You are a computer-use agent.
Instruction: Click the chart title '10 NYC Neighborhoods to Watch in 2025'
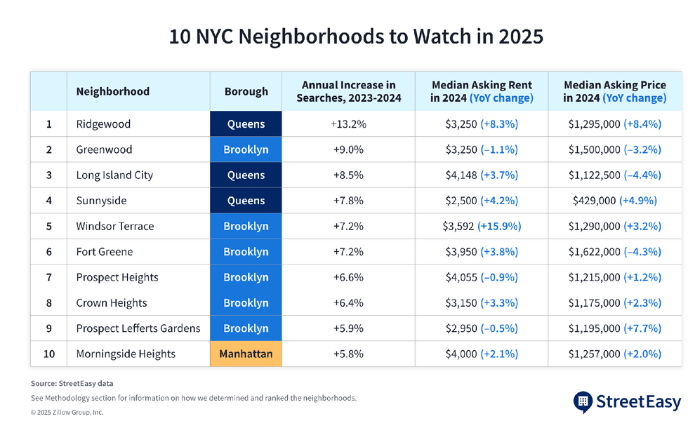(356, 36)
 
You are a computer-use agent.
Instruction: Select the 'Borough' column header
(246, 91)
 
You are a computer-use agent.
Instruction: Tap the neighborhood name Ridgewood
(104, 124)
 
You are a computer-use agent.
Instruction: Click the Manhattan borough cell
(246, 354)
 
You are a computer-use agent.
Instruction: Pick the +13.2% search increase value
(348, 124)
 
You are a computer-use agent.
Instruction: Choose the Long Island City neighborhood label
(114, 175)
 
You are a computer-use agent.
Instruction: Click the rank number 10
(49, 354)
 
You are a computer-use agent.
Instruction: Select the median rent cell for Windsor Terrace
(481, 226)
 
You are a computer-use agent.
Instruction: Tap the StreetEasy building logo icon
(583, 402)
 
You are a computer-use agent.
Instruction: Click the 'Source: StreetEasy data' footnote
(72, 384)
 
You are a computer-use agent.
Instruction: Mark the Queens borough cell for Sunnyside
(246, 201)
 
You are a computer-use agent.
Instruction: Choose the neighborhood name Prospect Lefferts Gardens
(138, 328)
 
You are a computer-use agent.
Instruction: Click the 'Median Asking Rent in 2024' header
(481, 91)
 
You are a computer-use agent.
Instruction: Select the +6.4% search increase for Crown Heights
(348, 303)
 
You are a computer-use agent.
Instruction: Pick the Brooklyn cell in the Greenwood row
(246, 149)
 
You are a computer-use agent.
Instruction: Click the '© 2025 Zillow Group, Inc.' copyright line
(67, 413)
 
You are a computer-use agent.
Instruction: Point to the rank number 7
(49, 277)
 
